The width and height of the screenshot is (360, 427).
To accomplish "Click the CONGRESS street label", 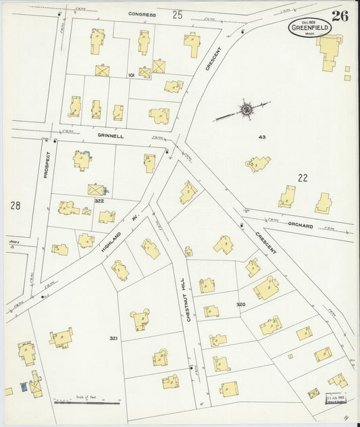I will pyautogui.click(x=142, y=14).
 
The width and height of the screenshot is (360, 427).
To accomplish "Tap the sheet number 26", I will pyautogui.click(x=340, y=16).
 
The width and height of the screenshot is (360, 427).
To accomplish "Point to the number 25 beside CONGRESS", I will pyautogui.click(x=178, y=14).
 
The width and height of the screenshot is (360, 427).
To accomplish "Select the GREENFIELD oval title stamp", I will pyautogui.click(x=309, y=28).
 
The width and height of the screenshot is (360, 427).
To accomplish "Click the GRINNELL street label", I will pyautogui.click(x=110, y=136).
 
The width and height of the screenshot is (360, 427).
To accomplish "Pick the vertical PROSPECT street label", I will pyautogui.click(x=47, y=164).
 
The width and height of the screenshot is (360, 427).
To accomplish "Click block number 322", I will pyautogui.click(x=99, y=201).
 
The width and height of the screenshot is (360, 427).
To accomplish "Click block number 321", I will pyautogui.click(x=113, y=338).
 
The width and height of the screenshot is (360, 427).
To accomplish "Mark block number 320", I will pyautogui.click(x=240, y=305).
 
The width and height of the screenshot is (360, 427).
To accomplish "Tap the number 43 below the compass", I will pyautogui.click(x=262, y=137).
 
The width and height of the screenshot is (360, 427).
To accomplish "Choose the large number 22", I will pyautogui.click(x=302, y=178).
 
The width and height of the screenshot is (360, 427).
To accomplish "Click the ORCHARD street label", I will pyautogui.click(x=299, y=226).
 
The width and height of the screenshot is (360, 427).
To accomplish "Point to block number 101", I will pyautogui.click(x=131, y=75).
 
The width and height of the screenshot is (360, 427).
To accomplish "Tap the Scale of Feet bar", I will pyautogui.click(x=86, y=403).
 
